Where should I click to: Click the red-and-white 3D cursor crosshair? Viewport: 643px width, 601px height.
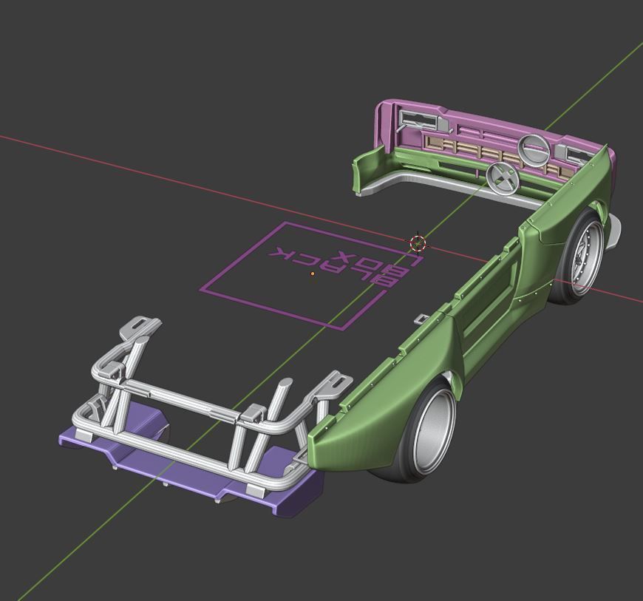pyautogui.click(x=418, y=242)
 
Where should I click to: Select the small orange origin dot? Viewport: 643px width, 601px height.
pyautogui.click(x=313, y=274)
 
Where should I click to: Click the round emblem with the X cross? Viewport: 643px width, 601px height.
pyautogui.click(x=502, y=178)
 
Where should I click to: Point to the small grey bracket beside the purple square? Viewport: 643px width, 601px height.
pyautogui.click(x=421, y=319)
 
